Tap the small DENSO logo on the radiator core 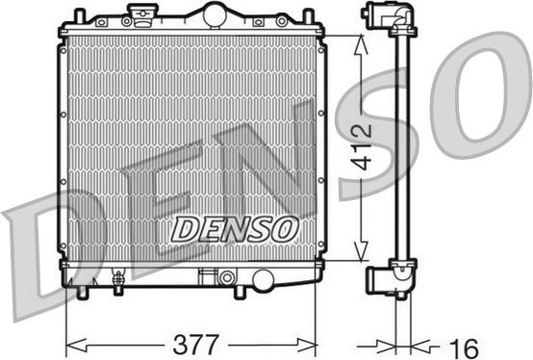pyautogui.click(x=234, y=228)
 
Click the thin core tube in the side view pyautogui.click(x=401, y=144)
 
